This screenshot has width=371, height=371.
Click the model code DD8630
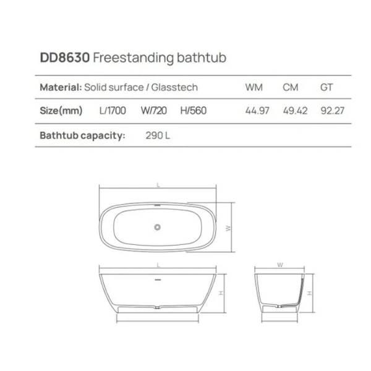coord(65,58)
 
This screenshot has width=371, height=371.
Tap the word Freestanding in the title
coord(130,58)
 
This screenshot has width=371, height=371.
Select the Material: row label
coord(60,88)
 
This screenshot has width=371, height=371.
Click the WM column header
coord(254,88)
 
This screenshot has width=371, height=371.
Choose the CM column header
coord(291,88)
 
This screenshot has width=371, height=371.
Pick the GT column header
coord(326,88)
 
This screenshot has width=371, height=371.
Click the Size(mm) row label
coord(61,111)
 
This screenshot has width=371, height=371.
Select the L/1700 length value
coord(113,111)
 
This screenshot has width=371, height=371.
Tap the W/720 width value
coord(153,111)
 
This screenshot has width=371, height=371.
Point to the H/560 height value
coord(193,111)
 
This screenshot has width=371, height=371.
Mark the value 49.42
coord(295,111)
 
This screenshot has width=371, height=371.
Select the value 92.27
coord(331,111)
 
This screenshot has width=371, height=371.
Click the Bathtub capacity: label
coord(82,135)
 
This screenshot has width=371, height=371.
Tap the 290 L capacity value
coord(158,135)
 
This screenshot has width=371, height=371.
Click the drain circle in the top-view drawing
coord(157,228)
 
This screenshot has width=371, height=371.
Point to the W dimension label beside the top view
coord(228,228)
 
